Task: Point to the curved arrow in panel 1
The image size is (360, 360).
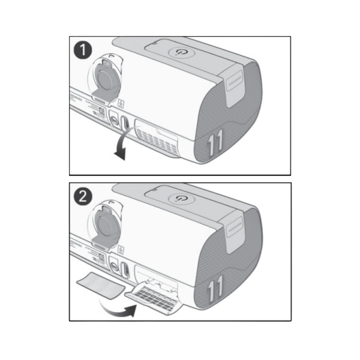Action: coord(122,146)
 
